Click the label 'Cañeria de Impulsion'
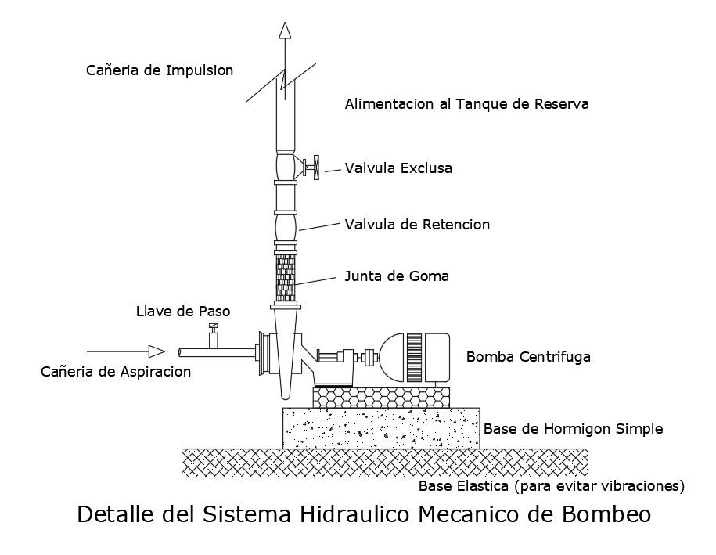tap(159, 70)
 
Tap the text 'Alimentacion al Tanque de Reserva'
tap(466, 103)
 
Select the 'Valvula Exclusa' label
tap(398, 168)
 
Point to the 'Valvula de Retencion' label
tap(417, 225)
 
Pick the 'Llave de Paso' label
tap(183, 312)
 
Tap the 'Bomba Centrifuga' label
tap(528, 357)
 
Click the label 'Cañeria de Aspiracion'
tap(116, 372)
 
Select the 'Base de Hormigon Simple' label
tap(574, 429)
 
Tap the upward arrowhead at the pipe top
tap(286, 31)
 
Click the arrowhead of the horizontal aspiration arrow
tap(157, 351)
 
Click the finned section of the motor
tap(413, 358)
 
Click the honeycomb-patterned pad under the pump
tap(381, 398)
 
